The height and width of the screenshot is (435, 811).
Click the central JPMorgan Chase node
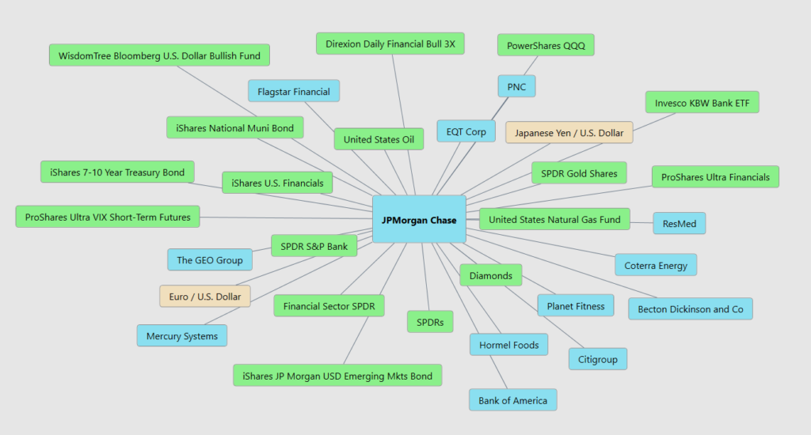click(x=419, y=219)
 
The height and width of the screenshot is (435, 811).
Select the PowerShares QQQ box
click(x=546, y=45)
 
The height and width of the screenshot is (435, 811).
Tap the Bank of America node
click(x=512, y=400)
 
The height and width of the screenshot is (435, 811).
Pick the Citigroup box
click(x=598, y=359)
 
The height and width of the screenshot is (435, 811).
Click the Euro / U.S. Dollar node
click(x=205, y=297)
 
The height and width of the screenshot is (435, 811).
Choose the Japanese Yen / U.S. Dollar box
click(x=569, y=133)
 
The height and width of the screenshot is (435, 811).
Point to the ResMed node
click(x=679, y=224)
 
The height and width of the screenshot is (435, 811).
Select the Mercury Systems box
click(x=182, y=336)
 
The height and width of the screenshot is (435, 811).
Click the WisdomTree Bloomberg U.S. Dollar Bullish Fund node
click(x=159, y=56)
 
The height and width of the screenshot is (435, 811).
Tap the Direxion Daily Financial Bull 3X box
click(x=390, y=44)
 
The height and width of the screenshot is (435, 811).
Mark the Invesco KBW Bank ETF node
click(x=702, y=103)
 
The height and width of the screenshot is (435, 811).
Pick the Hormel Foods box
click(x=508, y=345)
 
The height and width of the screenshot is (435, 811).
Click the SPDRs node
click(x=430, y=322)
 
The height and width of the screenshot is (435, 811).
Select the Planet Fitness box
click(x=576, y=306)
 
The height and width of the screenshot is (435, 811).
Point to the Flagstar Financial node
click(x=294, y=91)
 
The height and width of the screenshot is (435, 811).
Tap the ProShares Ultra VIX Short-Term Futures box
click(x=108, y=217)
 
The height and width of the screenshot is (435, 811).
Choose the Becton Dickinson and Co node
click(x=690, y=309)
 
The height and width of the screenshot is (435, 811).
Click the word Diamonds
click(x=490, y=276)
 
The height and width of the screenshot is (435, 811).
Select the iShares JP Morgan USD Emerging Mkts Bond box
click(x=337, y=376)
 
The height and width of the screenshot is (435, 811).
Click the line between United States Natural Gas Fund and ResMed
click(x=642, y=223)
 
